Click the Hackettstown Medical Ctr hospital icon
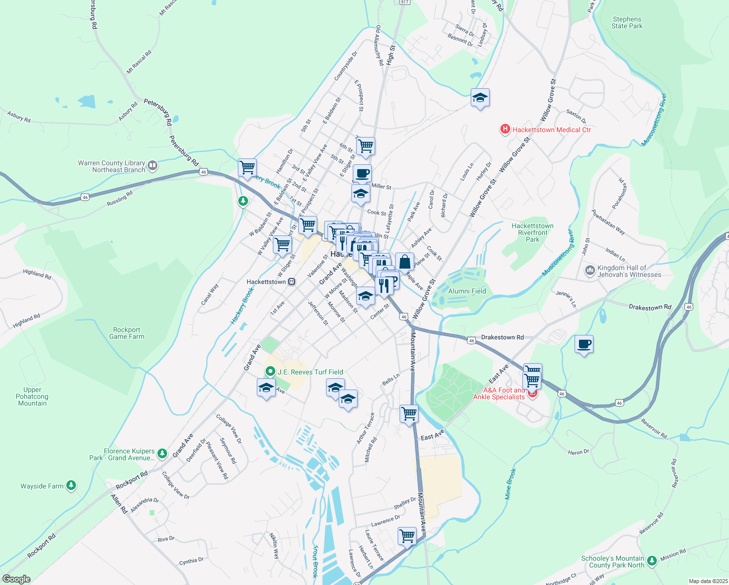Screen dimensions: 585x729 point(505,129)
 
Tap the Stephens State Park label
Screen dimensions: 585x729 point(627,23)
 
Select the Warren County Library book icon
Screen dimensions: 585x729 point(153,166)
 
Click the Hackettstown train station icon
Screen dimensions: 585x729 point(291,282)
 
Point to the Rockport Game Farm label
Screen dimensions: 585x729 point(127,333)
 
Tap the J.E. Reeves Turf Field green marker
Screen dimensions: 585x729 point(270,371)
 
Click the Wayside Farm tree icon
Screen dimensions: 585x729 point(71,485)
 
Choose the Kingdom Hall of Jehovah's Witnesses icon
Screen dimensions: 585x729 point(590,270)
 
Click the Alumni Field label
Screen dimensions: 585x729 point(467,291)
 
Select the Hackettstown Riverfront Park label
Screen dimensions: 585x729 point(532,233)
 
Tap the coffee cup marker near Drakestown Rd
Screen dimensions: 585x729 point(584,345)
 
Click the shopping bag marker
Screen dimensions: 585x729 point(404,262)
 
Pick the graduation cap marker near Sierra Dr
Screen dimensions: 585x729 point(480,97)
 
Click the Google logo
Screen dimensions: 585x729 point(16,579)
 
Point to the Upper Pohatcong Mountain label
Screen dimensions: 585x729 point(32,396)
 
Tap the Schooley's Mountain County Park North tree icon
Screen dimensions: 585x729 point(652,562)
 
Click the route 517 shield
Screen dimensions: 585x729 point(404,2)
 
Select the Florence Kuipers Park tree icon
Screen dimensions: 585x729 point(162,454)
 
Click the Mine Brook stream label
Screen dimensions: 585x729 point(510,484)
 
